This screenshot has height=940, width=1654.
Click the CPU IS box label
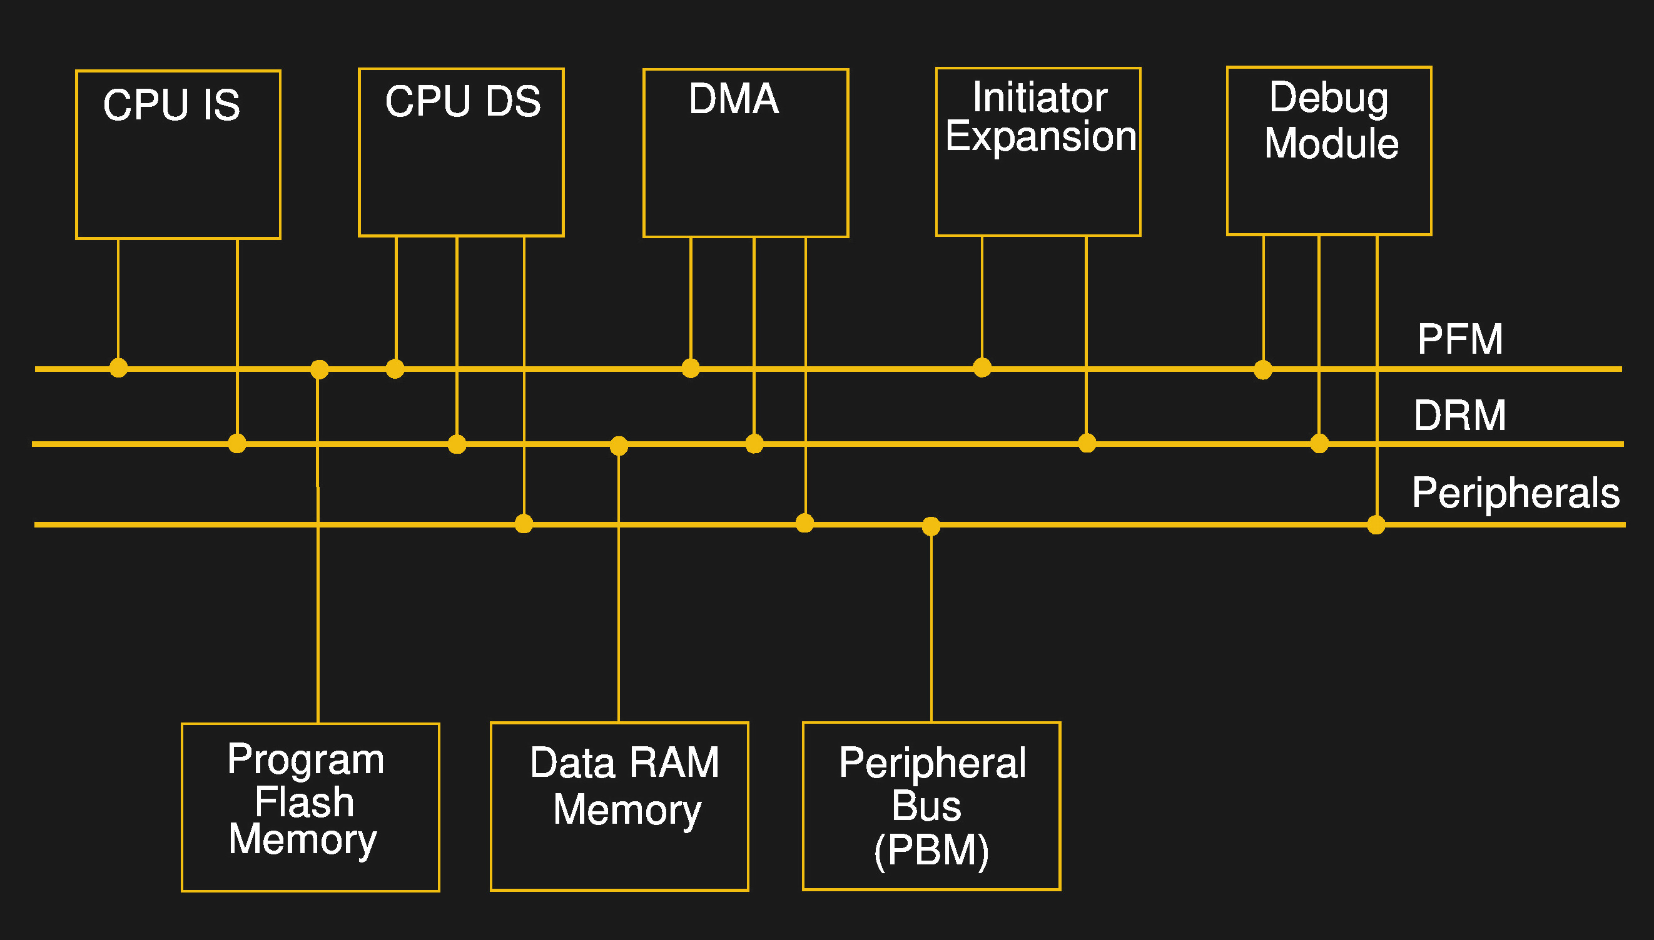point(171,104)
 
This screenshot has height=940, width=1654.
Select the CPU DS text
point(462,101)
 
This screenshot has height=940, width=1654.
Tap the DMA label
point(733,99)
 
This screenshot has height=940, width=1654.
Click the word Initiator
point(1040,97)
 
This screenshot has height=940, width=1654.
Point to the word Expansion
point(1040,136)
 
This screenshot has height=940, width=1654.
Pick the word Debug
point(1328,97)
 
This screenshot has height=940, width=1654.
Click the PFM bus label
point(1459,339)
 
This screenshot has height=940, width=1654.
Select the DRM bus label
point(1459,414)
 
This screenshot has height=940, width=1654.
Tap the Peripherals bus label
point(1515,492)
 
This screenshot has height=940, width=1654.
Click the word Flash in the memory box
point(304,802)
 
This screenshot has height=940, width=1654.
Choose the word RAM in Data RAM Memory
point(674,762)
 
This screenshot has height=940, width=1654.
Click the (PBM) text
point(931,850)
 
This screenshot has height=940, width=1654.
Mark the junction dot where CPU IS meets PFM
point(118,368)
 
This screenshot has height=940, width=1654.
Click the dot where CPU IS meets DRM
point(237,444)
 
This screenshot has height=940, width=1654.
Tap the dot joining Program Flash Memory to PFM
point(319,369)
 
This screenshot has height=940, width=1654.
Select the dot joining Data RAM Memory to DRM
point(619,446)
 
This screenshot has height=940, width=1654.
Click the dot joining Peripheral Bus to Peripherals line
point(931,526)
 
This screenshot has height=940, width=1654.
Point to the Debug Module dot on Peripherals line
point(1376,525)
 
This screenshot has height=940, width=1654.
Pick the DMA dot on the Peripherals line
point(804,523)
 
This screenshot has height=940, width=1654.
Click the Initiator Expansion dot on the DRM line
point(1087,444)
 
